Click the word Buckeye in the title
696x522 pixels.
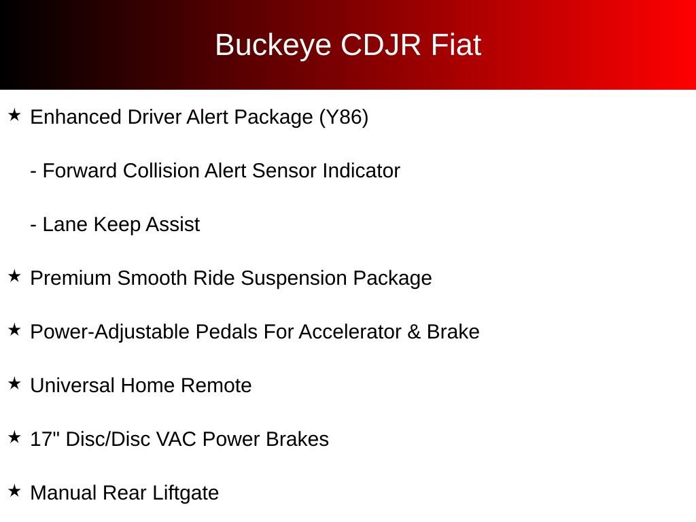(273, 46)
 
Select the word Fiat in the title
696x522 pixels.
(456, 45)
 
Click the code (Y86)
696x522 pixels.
(343, 118)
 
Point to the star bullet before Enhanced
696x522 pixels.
(15, 116)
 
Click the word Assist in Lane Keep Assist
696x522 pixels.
(173, 224)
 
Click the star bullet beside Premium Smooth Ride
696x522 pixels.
(15, 276)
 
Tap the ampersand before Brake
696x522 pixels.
(414, 332)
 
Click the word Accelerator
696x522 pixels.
(350, 332)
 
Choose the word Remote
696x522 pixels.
(216, 385)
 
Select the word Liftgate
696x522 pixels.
(186, 493)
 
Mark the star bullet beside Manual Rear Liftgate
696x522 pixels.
(15, 491)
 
